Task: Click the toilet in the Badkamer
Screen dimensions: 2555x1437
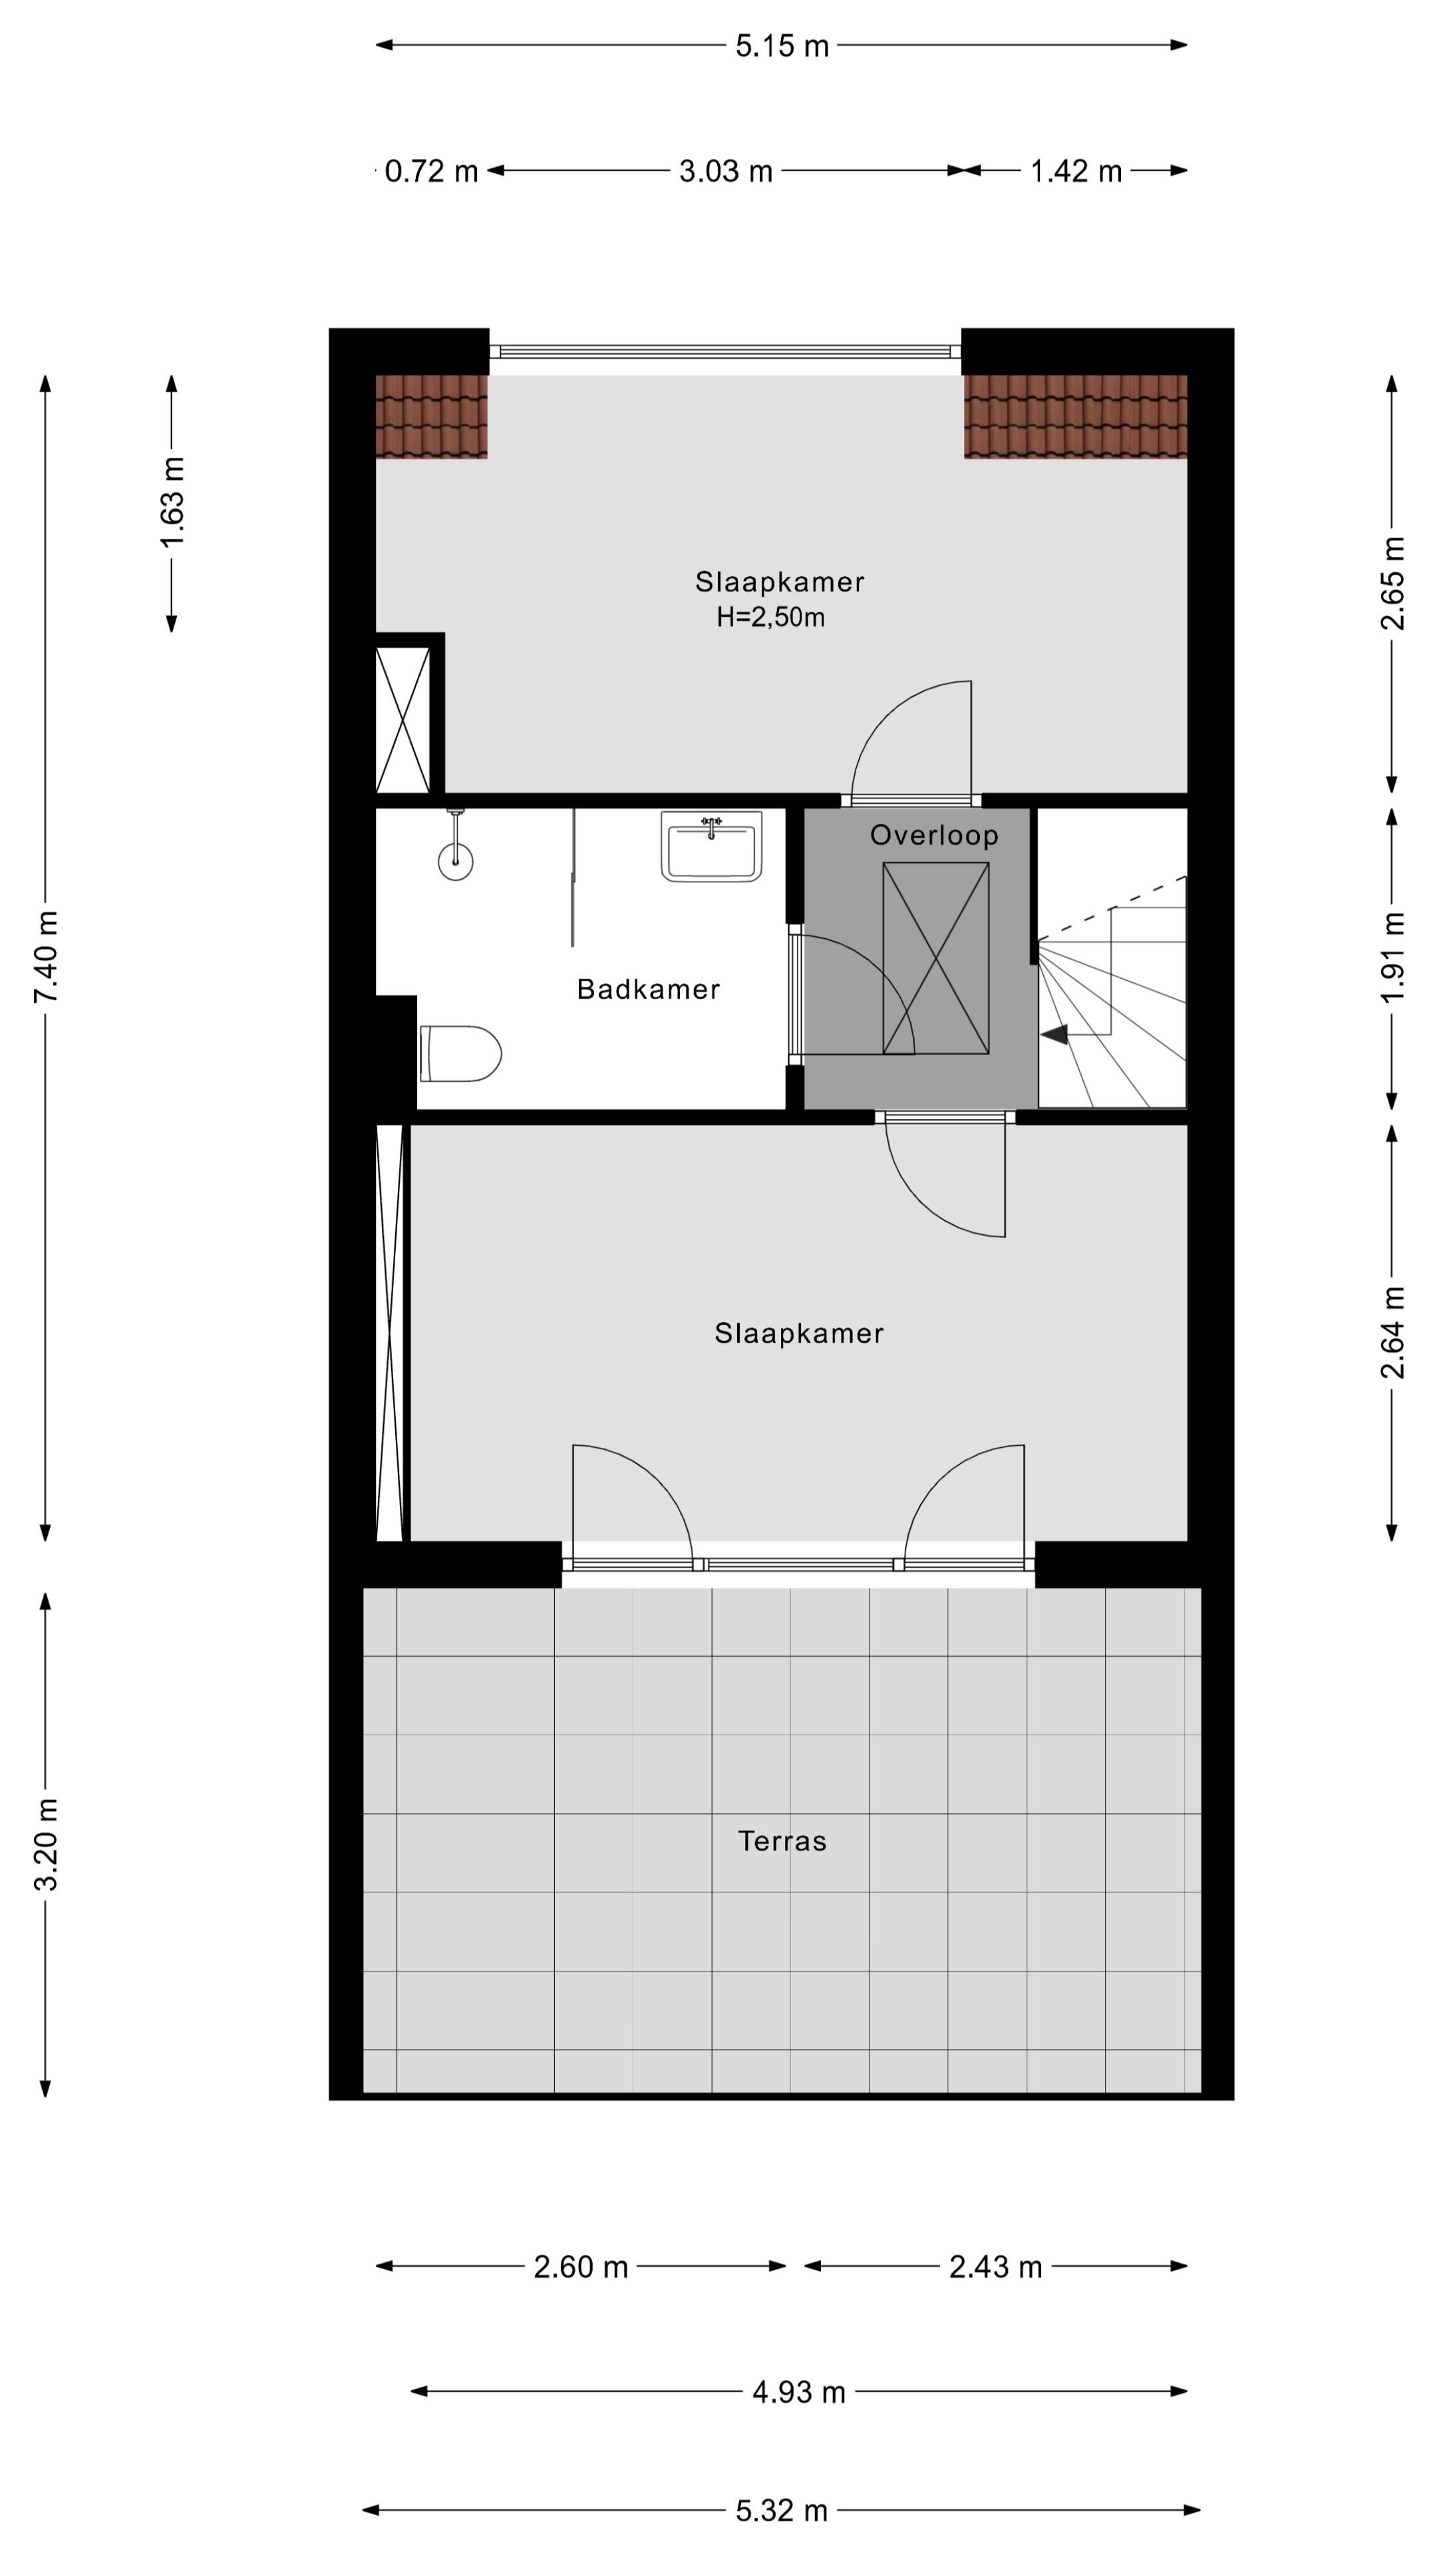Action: pyautogui.click(x=461, y=1053)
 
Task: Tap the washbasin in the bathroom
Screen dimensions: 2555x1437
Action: pyautogui.click(x=711, y=846)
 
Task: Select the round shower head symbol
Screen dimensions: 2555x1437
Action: pyautogui.click(x=455, y=861)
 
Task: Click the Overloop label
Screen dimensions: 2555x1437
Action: pyautogui.click(x=933, y=835)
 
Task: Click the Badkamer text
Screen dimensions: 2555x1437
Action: pyautogui.click(x=647, y=989)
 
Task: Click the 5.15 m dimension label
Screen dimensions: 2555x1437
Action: pyautogui.click(x=782, y=46)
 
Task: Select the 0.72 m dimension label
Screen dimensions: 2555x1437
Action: pyautogui.click(x=430, y=172)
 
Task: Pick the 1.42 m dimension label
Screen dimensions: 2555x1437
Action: pyautogui.click(x=1075, y=172)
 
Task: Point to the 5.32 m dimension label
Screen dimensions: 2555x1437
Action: pyautogui.click(x=782, y=2510)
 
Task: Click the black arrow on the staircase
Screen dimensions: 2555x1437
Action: pyautogui.click(x=1054, y=1035)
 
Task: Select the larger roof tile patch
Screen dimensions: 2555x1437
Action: pyautogui.click(x=1075, y=416)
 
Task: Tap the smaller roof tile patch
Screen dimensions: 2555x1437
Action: pyautogui.click(x=431, y=416)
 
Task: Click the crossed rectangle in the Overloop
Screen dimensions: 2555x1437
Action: pyautogui.click(x=935, y=957)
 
